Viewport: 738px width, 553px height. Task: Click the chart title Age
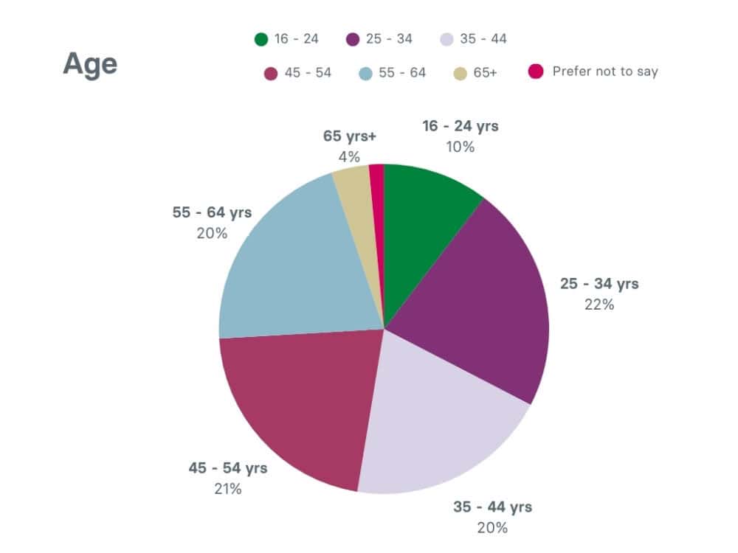[90, 63]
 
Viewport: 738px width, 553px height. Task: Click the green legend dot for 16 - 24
[261, 39]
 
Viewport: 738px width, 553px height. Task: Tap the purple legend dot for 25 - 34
[352, 39]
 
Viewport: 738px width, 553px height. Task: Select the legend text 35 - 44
[483, 39]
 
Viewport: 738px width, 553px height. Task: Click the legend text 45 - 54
[308, 73]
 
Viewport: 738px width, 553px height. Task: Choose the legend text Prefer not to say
[604, 72]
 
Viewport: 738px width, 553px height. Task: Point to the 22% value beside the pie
[599, 305]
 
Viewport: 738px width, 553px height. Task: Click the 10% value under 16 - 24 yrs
[460, 147]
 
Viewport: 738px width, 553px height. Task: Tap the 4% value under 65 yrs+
[349, 156]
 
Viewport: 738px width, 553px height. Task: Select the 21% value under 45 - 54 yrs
[228, 488]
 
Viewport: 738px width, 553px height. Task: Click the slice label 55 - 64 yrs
[212, 212]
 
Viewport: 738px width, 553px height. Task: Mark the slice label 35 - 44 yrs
[492, 507]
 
